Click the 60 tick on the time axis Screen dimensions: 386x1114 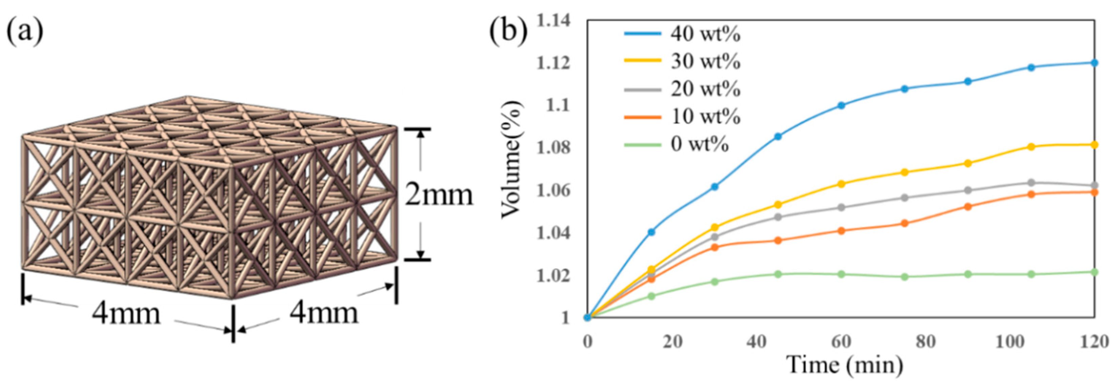[x=841, y=342]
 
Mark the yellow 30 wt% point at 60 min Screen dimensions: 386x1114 [x=842, y=184]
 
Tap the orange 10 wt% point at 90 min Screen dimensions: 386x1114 [x=968, y=206]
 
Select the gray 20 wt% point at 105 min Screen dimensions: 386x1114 [x=1031, y=183]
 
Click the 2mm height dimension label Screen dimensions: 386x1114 [x=439, y=195]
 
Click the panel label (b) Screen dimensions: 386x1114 [x=509, y=32]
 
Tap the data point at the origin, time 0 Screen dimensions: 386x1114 [x=587, y=317]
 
